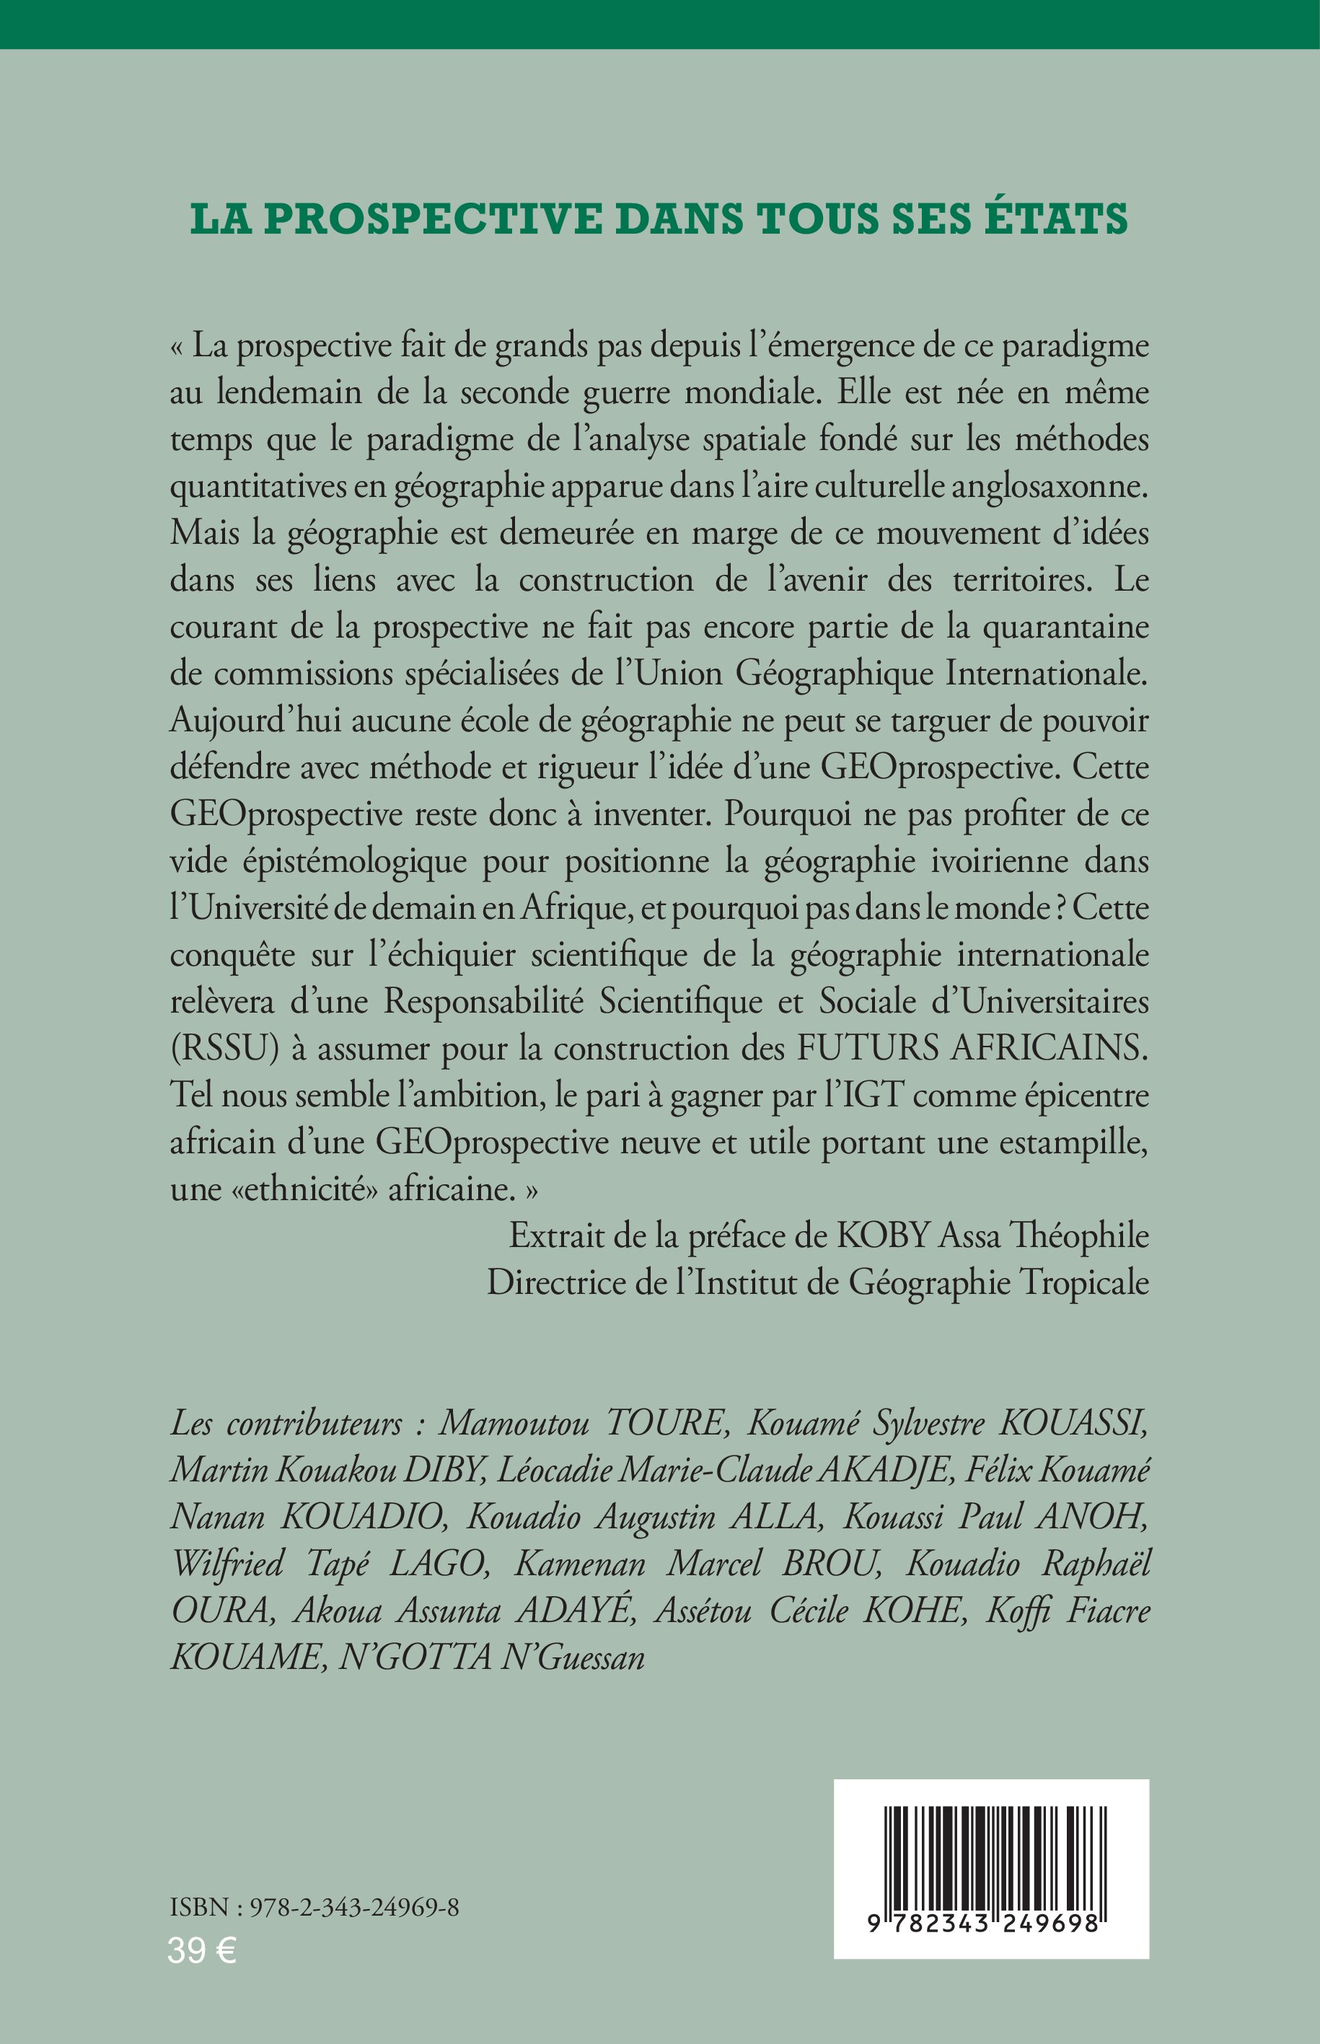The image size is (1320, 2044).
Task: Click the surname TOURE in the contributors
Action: click(665, 1424)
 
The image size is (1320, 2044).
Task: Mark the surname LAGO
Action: click(438, 1564)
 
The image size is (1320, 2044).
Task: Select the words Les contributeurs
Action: click(286, 1424)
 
